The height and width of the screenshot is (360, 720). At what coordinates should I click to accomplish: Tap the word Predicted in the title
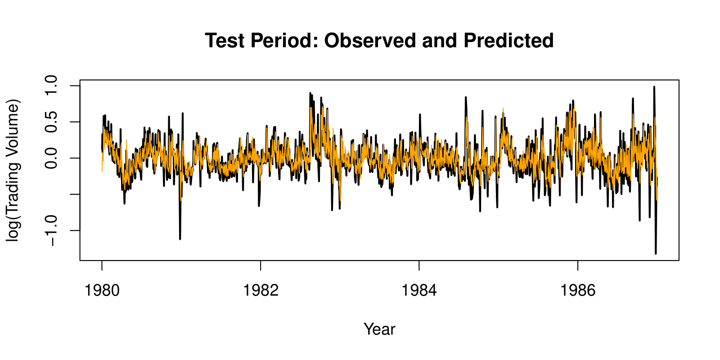point(508,41)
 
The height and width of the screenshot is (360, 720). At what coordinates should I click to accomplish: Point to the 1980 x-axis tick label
point(102,290)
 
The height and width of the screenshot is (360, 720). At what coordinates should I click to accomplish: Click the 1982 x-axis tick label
point(261,290)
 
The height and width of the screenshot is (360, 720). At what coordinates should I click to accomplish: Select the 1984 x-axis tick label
point(419,290)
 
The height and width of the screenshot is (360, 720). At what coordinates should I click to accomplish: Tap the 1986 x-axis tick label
point(578,290)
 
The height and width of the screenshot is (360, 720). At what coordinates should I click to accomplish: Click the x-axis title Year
point(379,329)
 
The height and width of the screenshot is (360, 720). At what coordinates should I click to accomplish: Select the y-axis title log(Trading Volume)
point(13,171)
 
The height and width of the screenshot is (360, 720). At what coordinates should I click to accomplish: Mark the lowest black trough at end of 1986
point(656,253)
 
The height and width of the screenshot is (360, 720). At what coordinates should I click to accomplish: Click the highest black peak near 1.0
point(654,87)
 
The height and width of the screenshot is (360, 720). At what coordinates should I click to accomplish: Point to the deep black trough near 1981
point(180,238)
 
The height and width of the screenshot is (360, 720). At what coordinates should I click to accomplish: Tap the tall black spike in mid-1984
point(466,97)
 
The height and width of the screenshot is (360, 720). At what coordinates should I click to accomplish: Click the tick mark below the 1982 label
point(261,265)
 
